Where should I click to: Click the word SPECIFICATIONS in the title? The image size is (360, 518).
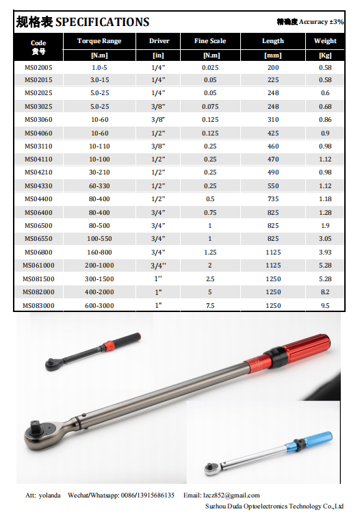pos(102,22)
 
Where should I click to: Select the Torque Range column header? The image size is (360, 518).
pos(99,41)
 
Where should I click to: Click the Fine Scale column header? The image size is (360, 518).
pos(211,41)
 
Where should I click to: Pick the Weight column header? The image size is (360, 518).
pos(325,41)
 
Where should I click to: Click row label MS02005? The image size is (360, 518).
pos(39,68)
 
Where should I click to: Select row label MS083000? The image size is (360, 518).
pos(39,305)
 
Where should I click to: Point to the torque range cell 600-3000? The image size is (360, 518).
pos(99,305)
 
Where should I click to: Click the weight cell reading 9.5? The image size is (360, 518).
pos(325,305)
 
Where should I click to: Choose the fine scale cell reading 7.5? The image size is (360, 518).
pos(211,305)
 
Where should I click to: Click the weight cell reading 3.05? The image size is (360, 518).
pos(325,239)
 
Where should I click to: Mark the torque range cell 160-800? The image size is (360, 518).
pos(99,252)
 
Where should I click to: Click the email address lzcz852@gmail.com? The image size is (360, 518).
pos(231,495)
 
